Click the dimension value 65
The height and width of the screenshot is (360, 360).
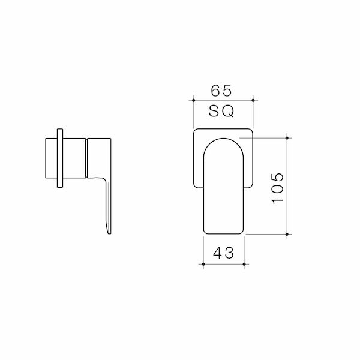(222, 91)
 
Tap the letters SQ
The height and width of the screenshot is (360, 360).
(222, 112)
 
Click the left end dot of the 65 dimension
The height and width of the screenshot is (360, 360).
(193, 100)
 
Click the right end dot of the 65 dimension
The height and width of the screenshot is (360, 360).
(252, 100)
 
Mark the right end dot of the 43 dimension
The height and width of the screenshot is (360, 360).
(244, 263)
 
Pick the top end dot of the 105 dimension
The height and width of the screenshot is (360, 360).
(289, 139)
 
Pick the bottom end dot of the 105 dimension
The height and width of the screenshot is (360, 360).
(289, 233)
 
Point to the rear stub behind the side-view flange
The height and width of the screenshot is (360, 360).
(50, 158)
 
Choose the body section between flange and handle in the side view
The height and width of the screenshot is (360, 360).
(74, 158)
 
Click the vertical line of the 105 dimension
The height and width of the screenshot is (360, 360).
(289, 186)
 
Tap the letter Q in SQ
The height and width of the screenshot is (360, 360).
(229, 112)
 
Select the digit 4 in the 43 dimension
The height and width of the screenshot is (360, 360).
(217, 253)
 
